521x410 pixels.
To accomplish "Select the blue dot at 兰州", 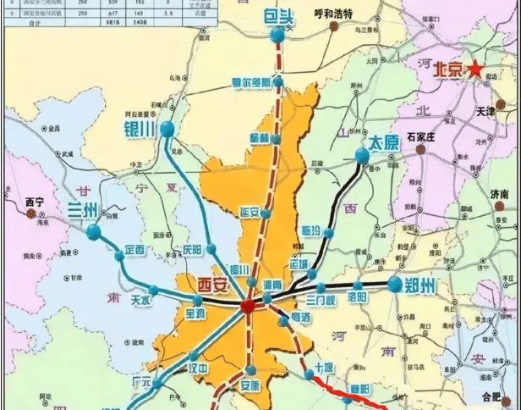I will (93, 230).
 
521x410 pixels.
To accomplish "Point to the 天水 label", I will (140, 299).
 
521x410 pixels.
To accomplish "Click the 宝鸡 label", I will (195, 315).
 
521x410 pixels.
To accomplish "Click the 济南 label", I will (499, 194).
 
